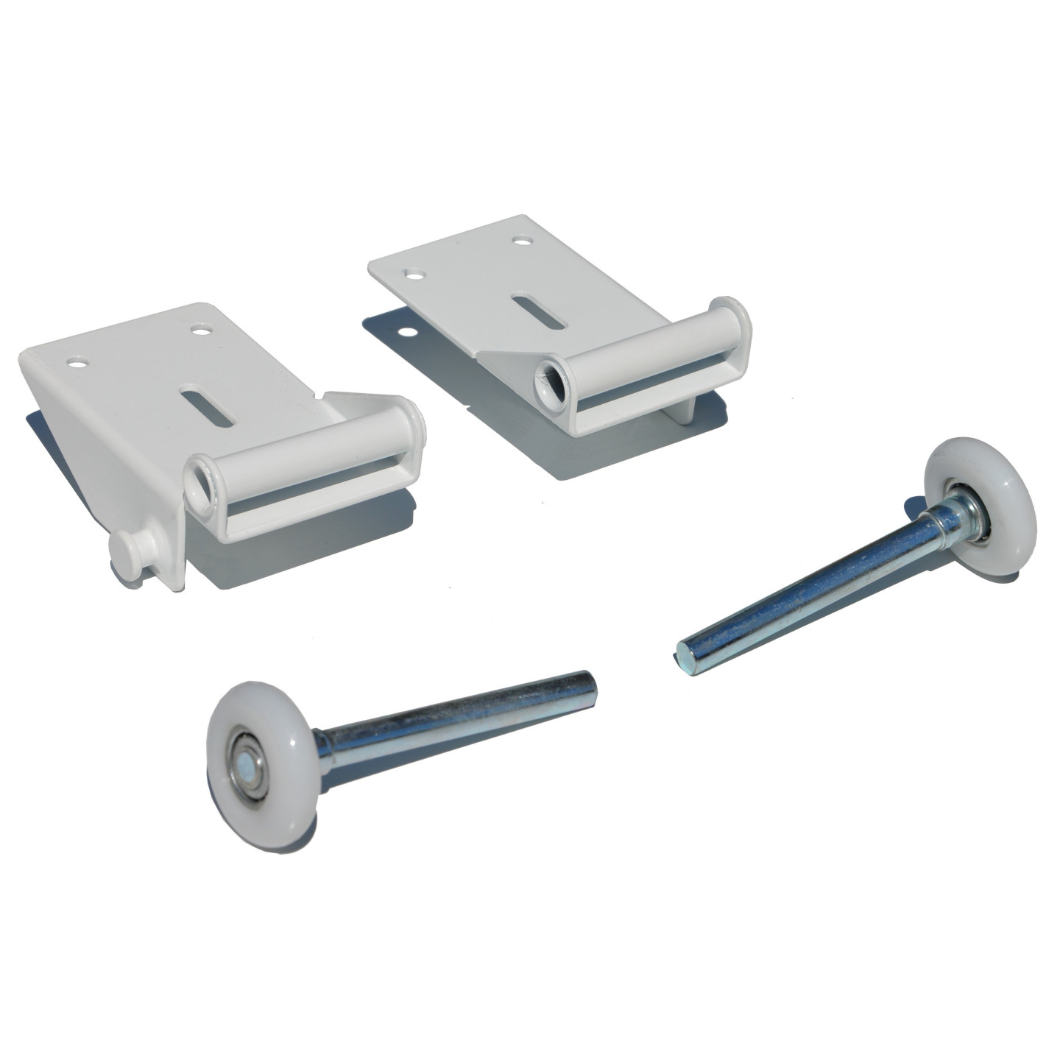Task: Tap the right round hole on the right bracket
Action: click(522, 241)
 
